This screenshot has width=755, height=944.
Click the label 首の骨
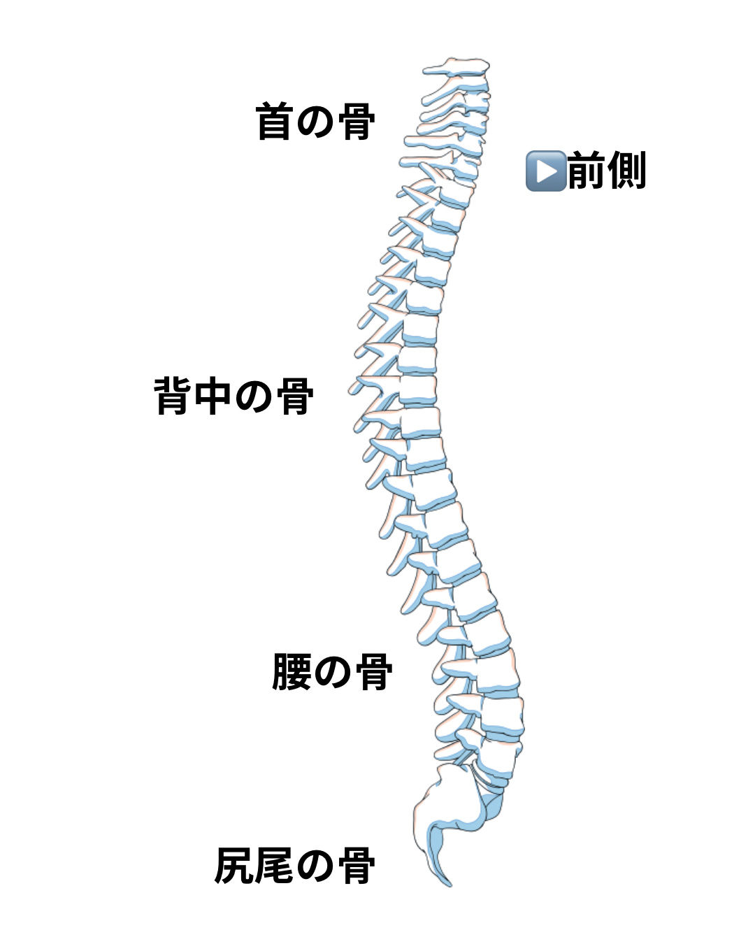315,122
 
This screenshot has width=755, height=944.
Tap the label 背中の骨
234,396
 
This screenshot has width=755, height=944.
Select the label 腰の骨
332,673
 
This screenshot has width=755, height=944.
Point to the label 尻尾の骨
294,866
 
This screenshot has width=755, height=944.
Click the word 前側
606,171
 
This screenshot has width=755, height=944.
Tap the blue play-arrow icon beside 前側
545,171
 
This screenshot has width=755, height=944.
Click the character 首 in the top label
274,122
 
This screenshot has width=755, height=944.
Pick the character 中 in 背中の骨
213,396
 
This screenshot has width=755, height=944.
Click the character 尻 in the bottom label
233,866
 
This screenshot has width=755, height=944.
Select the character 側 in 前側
626,171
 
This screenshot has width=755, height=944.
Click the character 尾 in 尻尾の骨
275,866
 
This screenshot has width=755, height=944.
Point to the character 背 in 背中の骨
173,396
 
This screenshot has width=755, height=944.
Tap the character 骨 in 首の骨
357,122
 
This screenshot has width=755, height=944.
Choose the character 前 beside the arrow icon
586,171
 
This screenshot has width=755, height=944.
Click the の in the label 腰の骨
332,673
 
